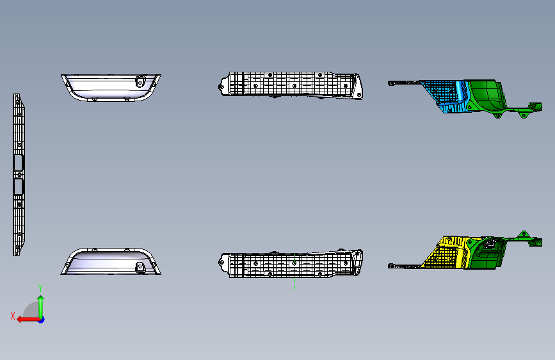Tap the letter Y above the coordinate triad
pos(40,288)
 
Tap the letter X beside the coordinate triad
pos(13,315)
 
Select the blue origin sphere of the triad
pos(41,319)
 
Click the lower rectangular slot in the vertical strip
pos(17,186)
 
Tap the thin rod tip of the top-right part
pos(391,82)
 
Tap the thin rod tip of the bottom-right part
pos(391,265)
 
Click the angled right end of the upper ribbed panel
pos(358,87)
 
